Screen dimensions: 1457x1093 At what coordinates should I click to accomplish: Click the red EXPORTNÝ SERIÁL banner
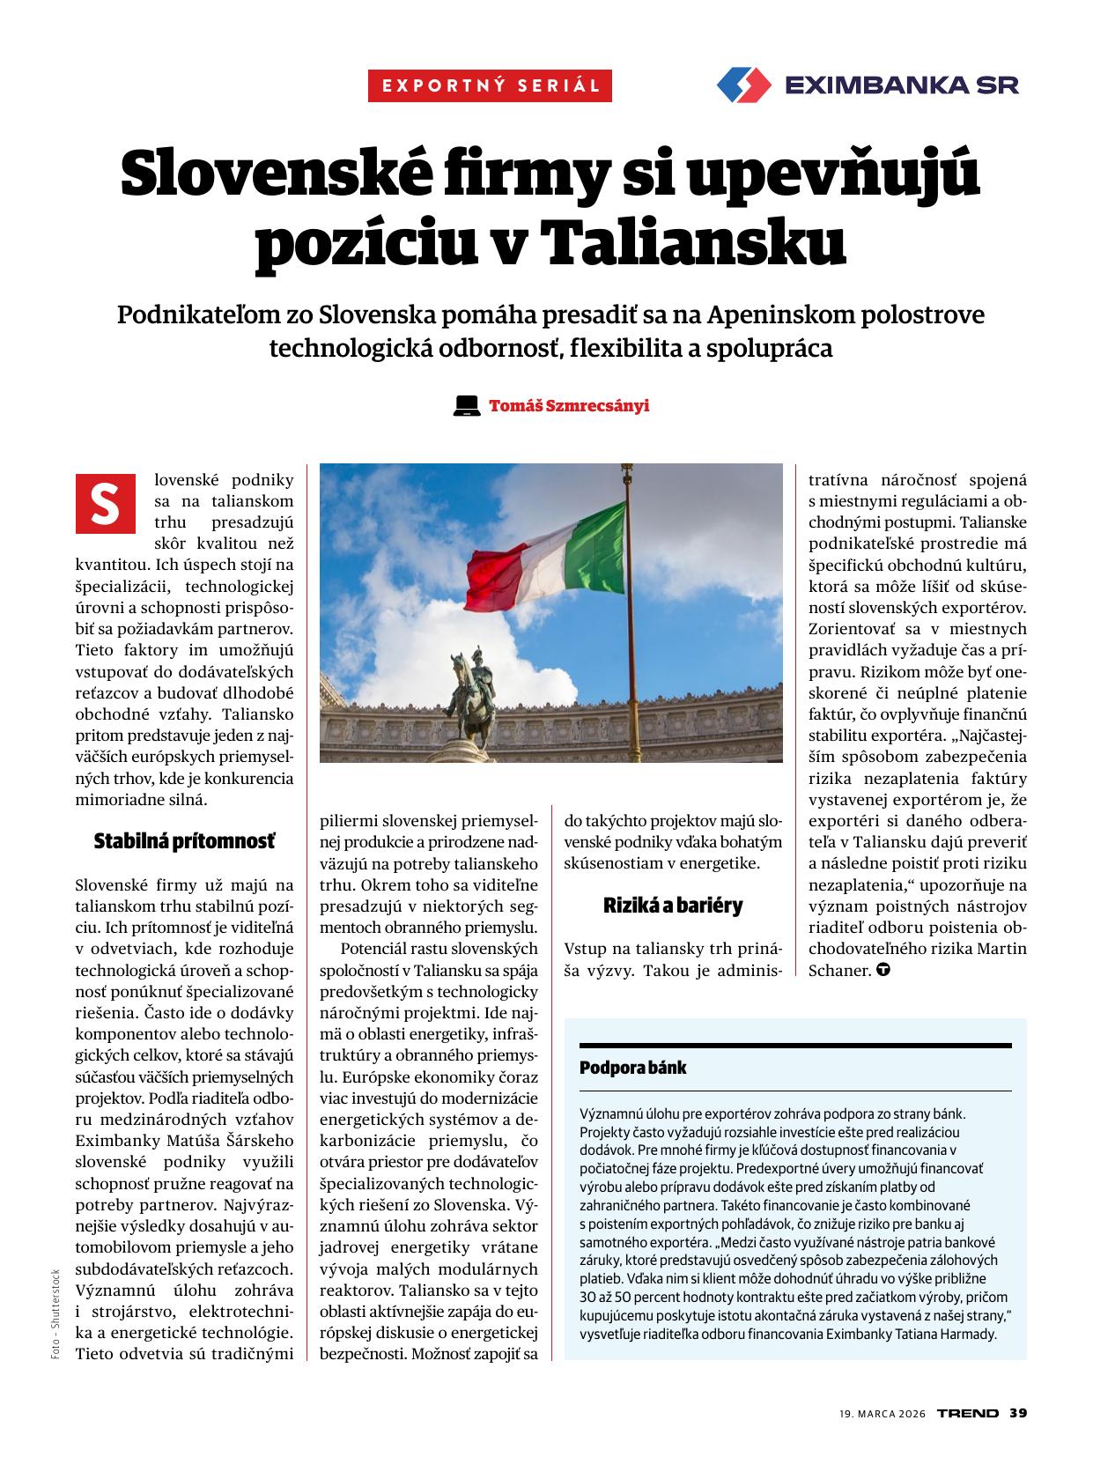(490, 86)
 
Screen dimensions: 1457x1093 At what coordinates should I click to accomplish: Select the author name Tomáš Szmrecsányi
(569, 406)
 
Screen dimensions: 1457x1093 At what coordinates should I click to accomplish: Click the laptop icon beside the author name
(466, 406)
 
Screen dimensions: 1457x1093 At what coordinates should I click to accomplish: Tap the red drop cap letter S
(106, 503)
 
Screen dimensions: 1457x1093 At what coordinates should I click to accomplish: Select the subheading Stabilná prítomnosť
(184, 842)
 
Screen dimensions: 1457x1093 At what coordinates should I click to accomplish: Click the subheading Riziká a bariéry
(673, 905)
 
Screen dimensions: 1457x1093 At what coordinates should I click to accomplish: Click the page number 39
(1018, 1413)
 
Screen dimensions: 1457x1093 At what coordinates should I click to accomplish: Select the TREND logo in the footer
(967, 1413)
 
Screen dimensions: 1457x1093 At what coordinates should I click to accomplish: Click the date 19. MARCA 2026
(882, 1414)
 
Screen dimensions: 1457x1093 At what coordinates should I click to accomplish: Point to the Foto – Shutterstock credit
(55, 1313)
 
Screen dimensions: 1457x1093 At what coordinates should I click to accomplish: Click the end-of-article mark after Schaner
(883, 970)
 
